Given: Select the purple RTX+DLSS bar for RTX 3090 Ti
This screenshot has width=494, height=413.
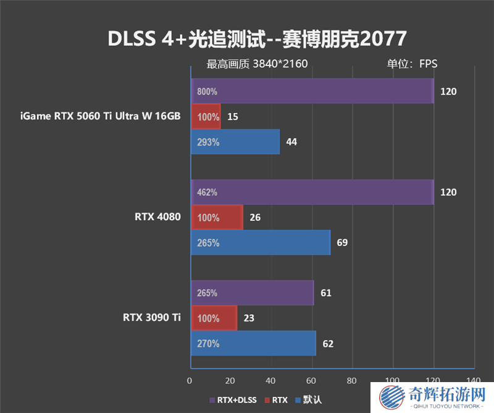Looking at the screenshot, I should point(252,292).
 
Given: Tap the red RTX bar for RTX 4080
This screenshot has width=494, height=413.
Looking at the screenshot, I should point(216,217).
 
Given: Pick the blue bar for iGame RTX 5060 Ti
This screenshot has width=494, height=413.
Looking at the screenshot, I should point(235,142).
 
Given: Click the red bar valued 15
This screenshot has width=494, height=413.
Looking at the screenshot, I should point(205,116).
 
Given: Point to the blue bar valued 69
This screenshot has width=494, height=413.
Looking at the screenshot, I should point(260,242).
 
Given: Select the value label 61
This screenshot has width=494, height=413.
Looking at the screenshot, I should point(326,292).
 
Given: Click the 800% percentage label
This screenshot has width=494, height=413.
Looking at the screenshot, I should point(207,92).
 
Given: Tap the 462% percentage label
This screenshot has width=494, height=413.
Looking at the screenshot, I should point(207,192).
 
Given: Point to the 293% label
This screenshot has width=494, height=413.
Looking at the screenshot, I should point(207,142).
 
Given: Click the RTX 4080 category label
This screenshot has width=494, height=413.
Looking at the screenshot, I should point(157,217).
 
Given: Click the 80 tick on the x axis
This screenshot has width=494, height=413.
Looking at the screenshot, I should point(352,380).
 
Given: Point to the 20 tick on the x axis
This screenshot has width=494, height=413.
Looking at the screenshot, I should point(230,380).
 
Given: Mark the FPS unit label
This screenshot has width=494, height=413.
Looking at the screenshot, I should point(429,63).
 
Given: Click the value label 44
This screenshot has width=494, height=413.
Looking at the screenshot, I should point(291,142).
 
